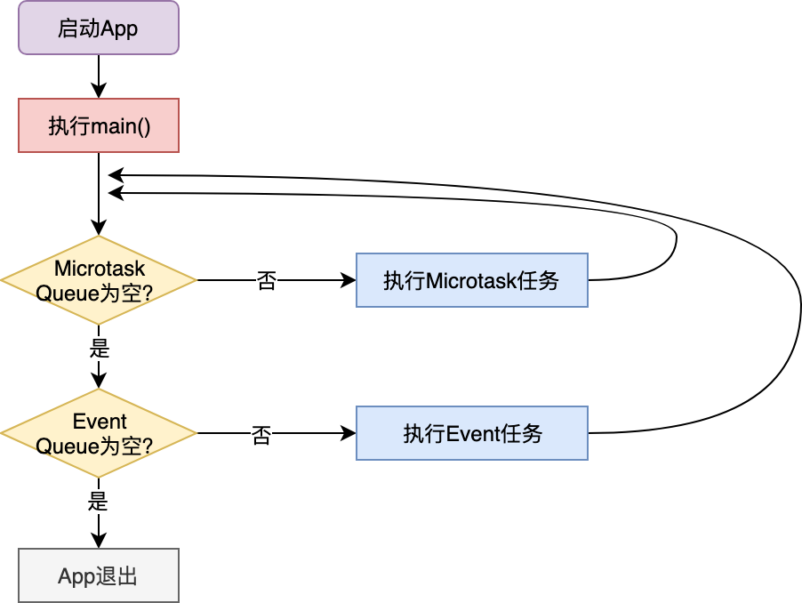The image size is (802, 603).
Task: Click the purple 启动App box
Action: (x=99, y=28)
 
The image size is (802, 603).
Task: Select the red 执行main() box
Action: (x=99, y=125)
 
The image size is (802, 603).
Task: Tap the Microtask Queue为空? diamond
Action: (x=99, y=280)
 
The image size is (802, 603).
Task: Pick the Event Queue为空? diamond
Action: (x=99, y=433)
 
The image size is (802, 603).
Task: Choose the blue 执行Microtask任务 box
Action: (x=471, y=280)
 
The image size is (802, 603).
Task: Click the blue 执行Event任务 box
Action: (x=471, y=433)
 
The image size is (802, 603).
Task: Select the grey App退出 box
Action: (x=99, y=575)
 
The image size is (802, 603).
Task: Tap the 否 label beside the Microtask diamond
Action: (x=266, y=281)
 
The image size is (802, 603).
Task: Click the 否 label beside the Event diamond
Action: (x=261, y=436)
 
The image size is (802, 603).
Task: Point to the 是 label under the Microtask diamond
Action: (x=100, y=349)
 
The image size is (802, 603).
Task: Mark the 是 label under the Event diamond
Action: (x=98, y=502)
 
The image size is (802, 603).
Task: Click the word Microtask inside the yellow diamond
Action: (x=99, y=269)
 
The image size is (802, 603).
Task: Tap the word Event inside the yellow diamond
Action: (x=99, y=422)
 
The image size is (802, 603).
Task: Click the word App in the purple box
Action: (x=119, y=28)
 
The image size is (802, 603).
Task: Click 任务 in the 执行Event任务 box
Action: (x=524, y=434)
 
